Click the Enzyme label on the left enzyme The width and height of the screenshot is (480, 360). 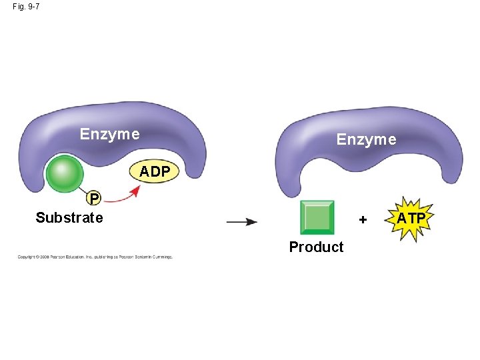pyautogui.click(x=109, y=134)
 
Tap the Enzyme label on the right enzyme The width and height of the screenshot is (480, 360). pyautogui.click(x=366, y=139)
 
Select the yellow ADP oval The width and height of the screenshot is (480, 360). pyautogui.click(x=155, y=172)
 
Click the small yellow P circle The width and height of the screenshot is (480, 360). pyautogui.click(x=95, y=198)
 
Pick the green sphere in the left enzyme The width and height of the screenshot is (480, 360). pyautogui.click(x=65, y=174)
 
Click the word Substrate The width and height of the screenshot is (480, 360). pyautogui.click(x=69, y=218)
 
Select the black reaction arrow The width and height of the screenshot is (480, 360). pyautogui.click(x=241, y=222)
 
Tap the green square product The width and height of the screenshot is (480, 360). pyautogui.click(x=317, y=217)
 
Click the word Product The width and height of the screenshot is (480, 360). pyautogui.click(x=316, y=247)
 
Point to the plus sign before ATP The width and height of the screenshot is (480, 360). pyautogui.click(x=363, y=219)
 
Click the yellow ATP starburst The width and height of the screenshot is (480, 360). pyautogui.click(x=411, y=218)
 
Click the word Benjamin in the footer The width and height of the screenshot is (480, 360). pyautogui.click(x=141, y=257)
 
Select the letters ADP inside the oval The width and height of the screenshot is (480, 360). pyautogui.click(x=155, y=172)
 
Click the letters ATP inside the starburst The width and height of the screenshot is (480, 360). pyautogui.click(x=411, y=217)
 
